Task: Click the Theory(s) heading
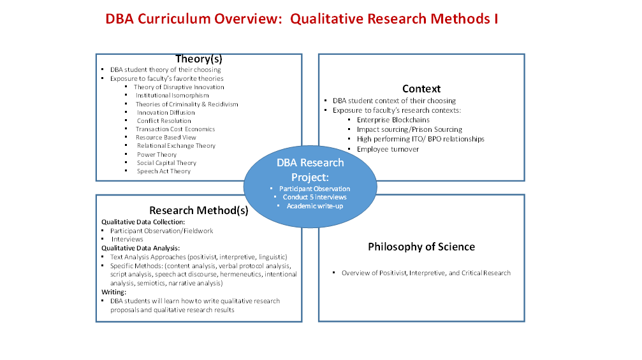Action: pos(198,59)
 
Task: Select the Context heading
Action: pos(421,89)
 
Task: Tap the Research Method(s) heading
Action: pos(198,210)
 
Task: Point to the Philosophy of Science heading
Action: pos(421,247)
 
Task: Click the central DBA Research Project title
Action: pos(310,169)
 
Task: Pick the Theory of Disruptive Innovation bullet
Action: pos(179,87)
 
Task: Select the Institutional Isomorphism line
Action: pos(172,96)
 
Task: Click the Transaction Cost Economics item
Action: pos(175,129)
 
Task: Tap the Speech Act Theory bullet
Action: pos(164,171)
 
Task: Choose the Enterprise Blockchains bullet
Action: pos(393,120)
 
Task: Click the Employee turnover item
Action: pos(388,149)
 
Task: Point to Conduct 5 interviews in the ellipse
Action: pos(314,197)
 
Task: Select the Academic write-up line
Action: pos(315,206)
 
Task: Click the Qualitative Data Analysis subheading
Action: pos(140,248)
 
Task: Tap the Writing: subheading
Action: pos(114,292)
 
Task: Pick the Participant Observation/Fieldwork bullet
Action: pos(162,231)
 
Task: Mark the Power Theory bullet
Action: pos(157,155)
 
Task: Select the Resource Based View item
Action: pos(166,138)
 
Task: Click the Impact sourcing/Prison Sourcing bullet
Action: pos(409,130)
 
